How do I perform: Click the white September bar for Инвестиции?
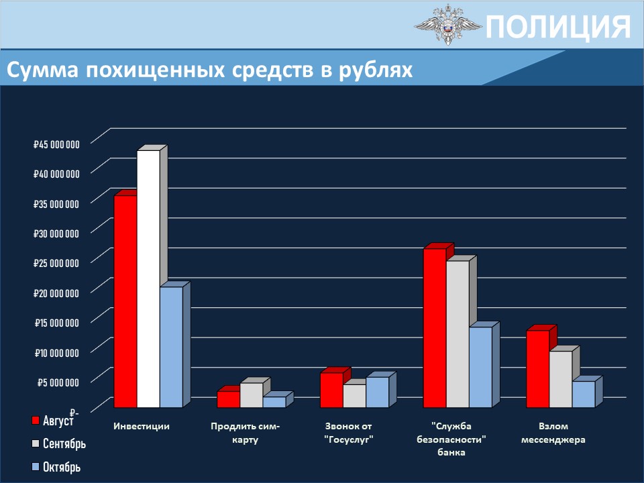pos(148,279)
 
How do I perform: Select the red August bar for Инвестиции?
pos(125,301)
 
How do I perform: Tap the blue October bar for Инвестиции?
pos(171,347)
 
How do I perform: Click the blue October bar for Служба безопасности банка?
pos(480,367)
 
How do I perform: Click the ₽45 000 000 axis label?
pos(56,144)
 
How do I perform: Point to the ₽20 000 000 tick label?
pos(56,293)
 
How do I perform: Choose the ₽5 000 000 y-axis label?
pos(58,382)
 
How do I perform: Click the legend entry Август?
pos(52,420)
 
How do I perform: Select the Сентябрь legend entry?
pos(59,443)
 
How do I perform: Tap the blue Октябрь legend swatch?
pos(36,467)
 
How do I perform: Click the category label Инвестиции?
pos(142,427)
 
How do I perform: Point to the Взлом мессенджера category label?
pos(553,433)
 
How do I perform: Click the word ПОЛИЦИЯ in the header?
pos(558,27)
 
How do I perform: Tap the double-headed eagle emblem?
pos(447,25)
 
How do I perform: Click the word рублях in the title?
pos(376,70)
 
